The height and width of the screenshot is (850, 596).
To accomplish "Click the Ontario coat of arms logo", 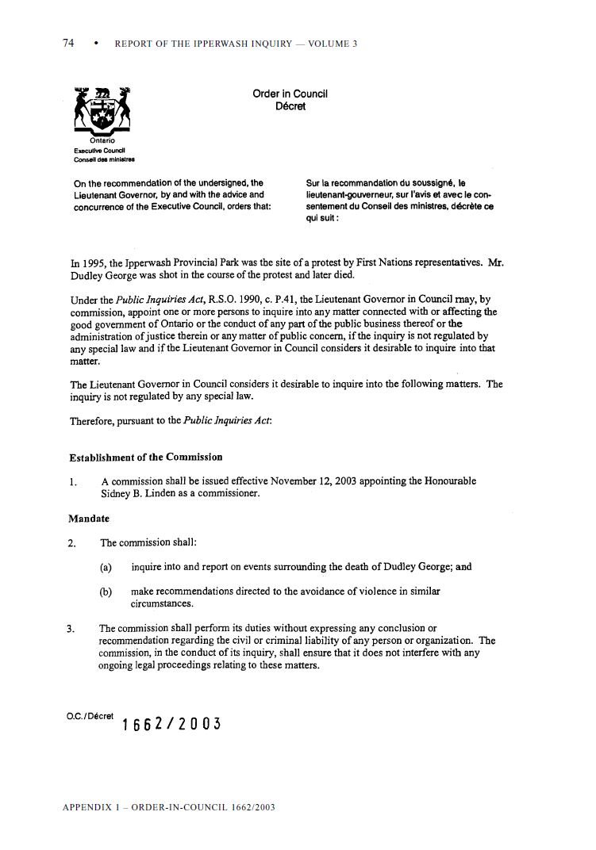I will (x=102, y=111).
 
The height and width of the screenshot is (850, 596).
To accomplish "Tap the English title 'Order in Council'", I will (x=290, y=94).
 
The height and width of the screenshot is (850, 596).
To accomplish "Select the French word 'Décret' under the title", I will (x=290, y=106).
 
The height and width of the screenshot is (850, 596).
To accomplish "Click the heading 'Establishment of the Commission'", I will (x=146, y=458).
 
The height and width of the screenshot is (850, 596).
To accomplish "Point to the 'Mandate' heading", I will (x=89, y=519).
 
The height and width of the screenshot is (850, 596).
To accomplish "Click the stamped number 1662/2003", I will (x=171, y=724).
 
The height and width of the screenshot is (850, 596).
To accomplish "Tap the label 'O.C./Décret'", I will (x=90, y=715).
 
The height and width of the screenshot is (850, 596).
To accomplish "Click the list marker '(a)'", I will (x=106, y=568).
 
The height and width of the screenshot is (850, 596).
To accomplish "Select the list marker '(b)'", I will (x=106, y=592).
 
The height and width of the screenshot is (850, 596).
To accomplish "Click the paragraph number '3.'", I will (x=72, y=629).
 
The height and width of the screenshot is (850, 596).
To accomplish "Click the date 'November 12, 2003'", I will (x=315, y=481).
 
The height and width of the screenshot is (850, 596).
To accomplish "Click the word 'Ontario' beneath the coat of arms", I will (x=102, y=141).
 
